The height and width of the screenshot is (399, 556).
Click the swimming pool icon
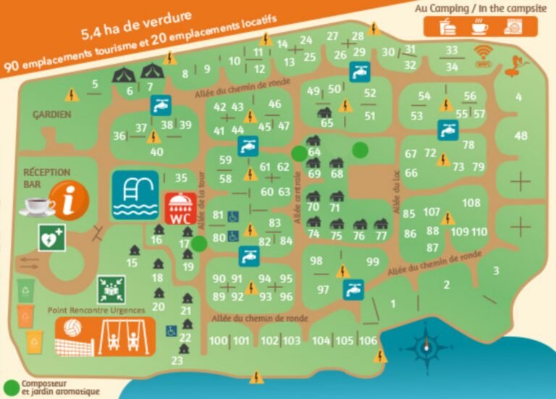coord(135,195)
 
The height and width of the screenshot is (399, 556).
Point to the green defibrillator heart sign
coord(51,237)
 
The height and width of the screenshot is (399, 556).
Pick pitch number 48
coord(521,136)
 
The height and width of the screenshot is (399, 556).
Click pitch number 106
coord(368,341)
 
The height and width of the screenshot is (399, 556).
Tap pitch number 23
coord(177,361)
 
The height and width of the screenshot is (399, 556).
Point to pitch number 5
coord(95,84)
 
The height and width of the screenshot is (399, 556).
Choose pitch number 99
coord(373,262)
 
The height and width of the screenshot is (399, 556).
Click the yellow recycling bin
coord(34,340)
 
